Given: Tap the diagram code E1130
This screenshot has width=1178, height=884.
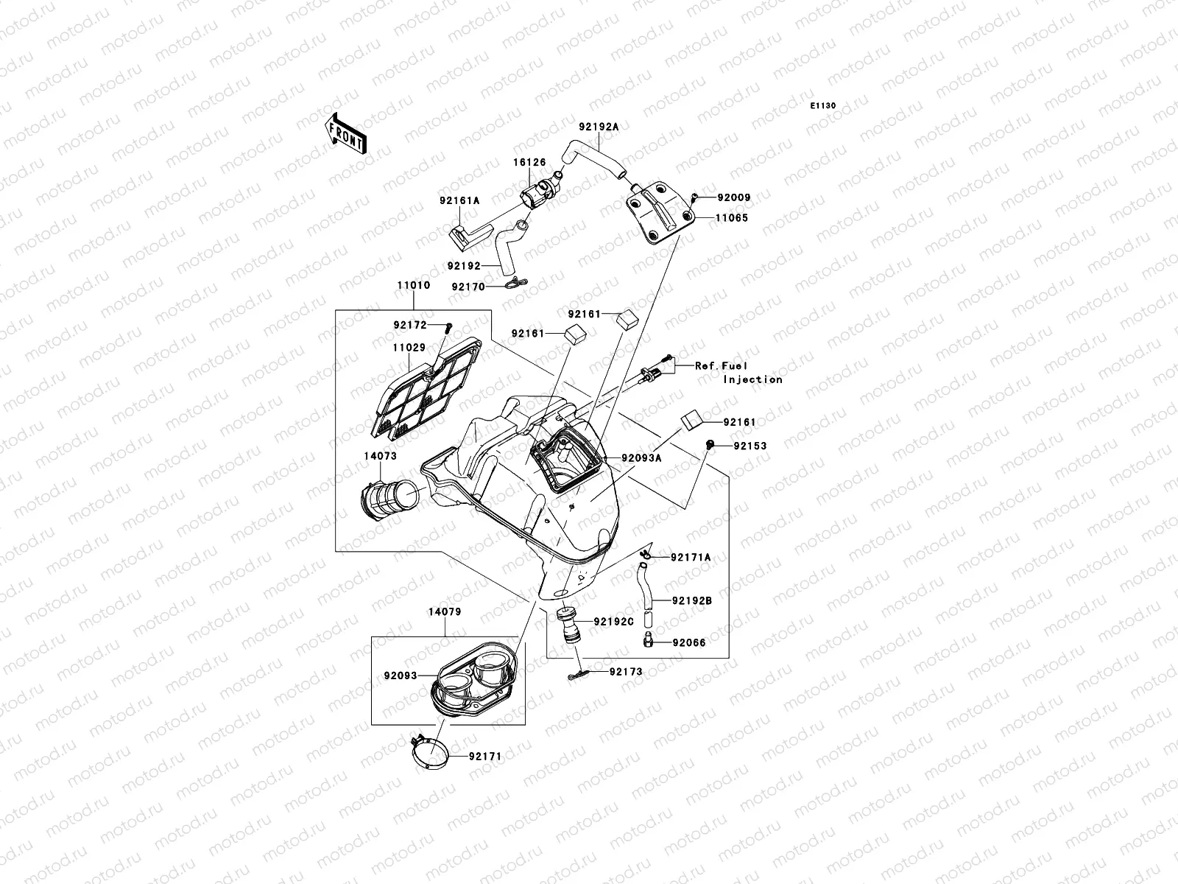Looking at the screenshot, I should tap(823, 106).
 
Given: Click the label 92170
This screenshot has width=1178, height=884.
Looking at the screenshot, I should tap(468, 287).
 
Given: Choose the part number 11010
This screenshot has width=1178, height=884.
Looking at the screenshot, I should tap(413, 285).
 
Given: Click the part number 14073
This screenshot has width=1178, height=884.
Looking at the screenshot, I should tap(380, 456).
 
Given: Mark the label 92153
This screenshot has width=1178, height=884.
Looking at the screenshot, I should tap(749, 446).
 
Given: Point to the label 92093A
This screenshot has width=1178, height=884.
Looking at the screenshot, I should tap(641, 457).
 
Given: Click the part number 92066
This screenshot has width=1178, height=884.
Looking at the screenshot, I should tap(688, 642).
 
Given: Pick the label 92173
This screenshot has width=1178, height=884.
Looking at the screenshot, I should tap(625, 672).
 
